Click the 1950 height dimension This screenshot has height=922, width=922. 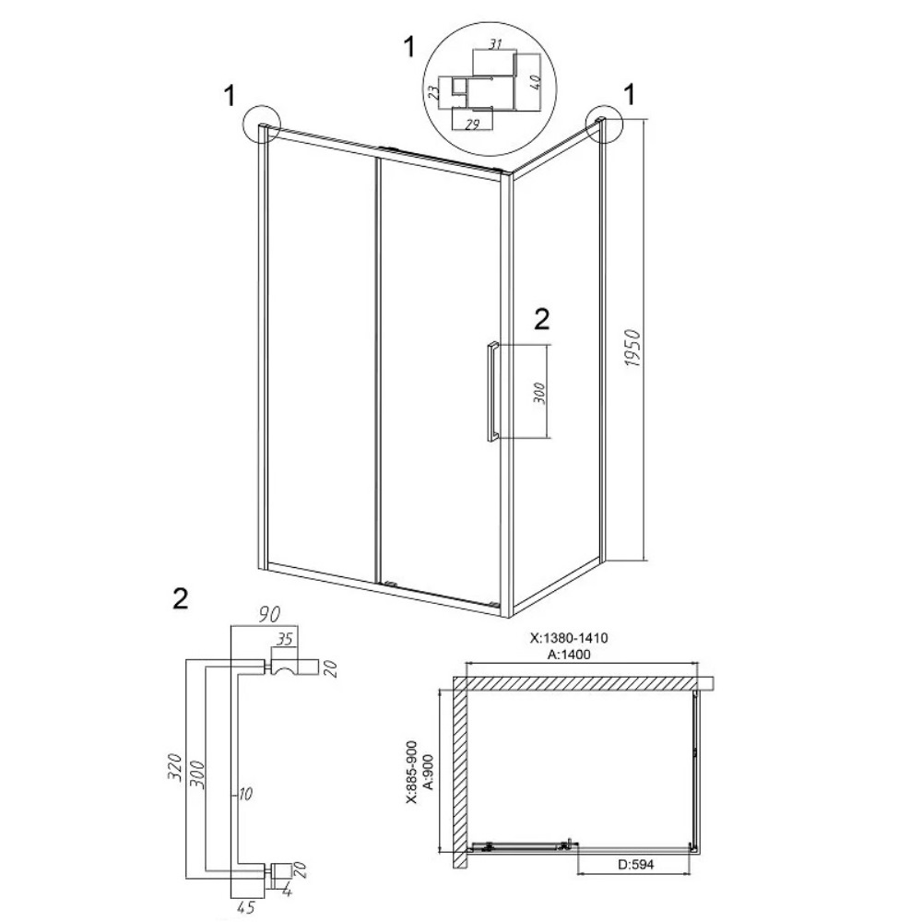[632, 349]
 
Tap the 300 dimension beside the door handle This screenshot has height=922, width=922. [540, 393]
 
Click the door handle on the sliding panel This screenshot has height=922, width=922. [492, 390]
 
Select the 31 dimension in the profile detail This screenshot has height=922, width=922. [495, 43]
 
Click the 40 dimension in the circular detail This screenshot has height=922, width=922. [535, 81]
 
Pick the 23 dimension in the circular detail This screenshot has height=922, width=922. [433, 92]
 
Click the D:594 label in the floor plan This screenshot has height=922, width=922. [635, 865]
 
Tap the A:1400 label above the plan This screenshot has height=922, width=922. [568, 655]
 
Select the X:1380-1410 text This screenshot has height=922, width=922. [569, 638]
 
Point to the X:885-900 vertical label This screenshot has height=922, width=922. [411, 772]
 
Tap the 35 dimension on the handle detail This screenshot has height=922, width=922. [285, 639]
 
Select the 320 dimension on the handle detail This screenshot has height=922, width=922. [174, 767]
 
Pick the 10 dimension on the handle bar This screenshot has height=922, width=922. [244, 795]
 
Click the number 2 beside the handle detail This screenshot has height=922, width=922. [181, 598]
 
